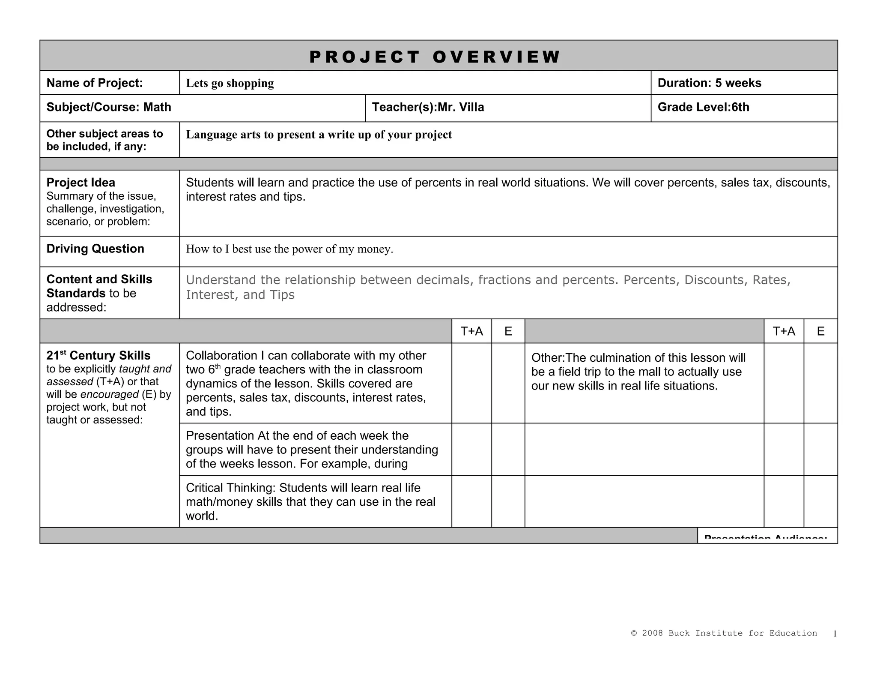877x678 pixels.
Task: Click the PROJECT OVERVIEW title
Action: tap(434, 57)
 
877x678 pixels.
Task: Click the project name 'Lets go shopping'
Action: tap(230, 83)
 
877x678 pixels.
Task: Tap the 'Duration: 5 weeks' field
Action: tap(709, 83)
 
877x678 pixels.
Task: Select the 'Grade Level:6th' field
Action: tap(703, 107)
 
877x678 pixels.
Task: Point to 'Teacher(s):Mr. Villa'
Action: tap(428, 107)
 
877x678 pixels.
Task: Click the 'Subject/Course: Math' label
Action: tap(109, 107)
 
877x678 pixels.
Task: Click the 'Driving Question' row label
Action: tap(95, 249)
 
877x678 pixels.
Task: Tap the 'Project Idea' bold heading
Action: tap(81, 183)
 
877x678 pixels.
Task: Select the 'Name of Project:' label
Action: tap(95, 83)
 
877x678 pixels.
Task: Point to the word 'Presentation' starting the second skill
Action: tap(220, 436)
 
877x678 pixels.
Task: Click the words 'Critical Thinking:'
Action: tap(230, 488)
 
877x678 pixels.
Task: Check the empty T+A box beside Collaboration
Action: tap(471, 383)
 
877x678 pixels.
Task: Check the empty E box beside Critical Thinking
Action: tap(508, 501)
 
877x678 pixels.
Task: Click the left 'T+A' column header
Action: tap(471, 331)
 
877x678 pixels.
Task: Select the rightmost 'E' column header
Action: tap(820, 331)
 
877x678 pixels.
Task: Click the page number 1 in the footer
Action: tap(835, 634)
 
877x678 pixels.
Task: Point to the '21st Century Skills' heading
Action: tap(98, 356)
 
